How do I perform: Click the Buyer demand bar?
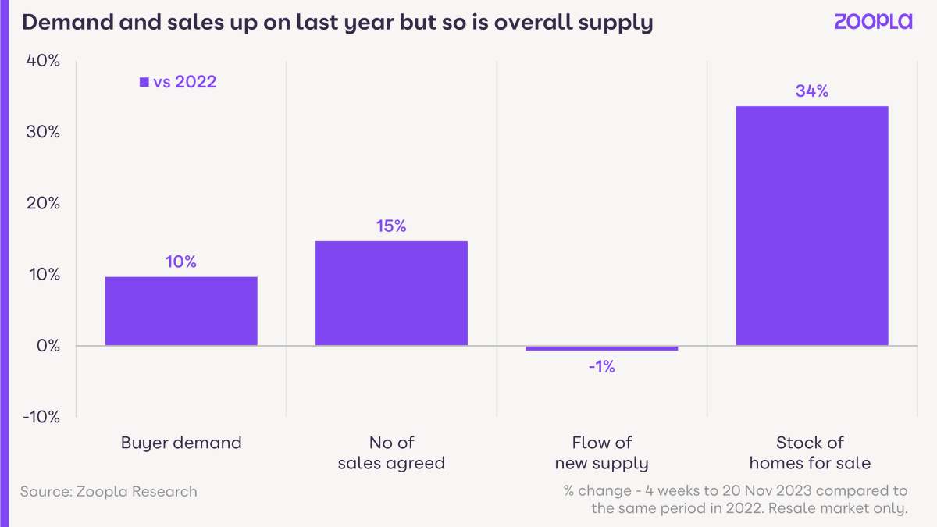click(181, 311)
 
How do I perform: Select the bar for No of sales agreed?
click(391, 293)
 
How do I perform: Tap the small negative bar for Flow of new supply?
click(601, 348)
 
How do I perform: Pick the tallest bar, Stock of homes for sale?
click(811, 226)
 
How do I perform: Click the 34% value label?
click(811, 91)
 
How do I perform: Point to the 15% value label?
click(391, 226)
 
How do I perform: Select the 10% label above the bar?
click(181, 262)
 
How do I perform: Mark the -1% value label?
click(601, 366)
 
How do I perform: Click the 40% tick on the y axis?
click(42, 61)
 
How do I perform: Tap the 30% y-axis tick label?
click(42, 132)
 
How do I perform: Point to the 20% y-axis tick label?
click(42, 203)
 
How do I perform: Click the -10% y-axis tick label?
click(41, 417)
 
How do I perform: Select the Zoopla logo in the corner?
click(872, 22)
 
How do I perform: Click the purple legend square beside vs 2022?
click(144, 82)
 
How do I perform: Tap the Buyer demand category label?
click(181, 443)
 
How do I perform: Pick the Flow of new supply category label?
click(601, 453)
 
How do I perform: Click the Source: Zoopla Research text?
click(109, 492)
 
